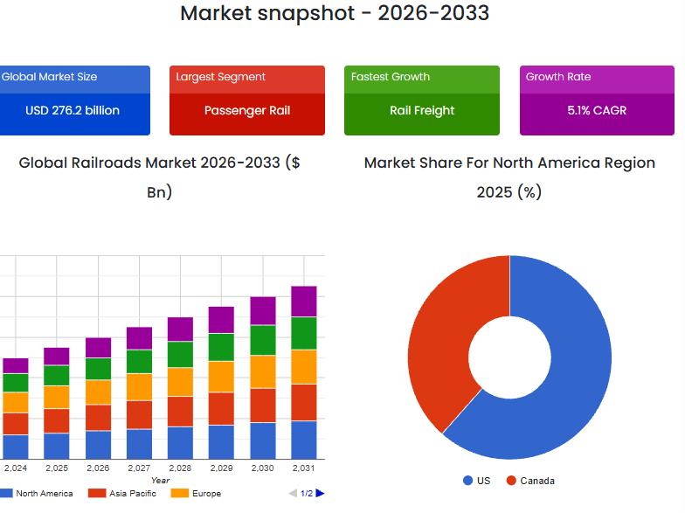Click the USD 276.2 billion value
[x=73, y=111]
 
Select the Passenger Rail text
[x=247, y=111]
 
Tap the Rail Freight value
[x=422, y=111]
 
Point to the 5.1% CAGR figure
[x=597, y=111]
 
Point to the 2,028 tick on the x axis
[x=180, y=468]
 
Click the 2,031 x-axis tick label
[x=303, y=468]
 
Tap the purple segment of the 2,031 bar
[x=303, y=302]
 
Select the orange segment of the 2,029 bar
[x=221, y=377]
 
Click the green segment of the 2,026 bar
[x=98, y=369]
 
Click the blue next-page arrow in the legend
[x=320, y=494]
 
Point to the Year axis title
[x=160, y=481]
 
